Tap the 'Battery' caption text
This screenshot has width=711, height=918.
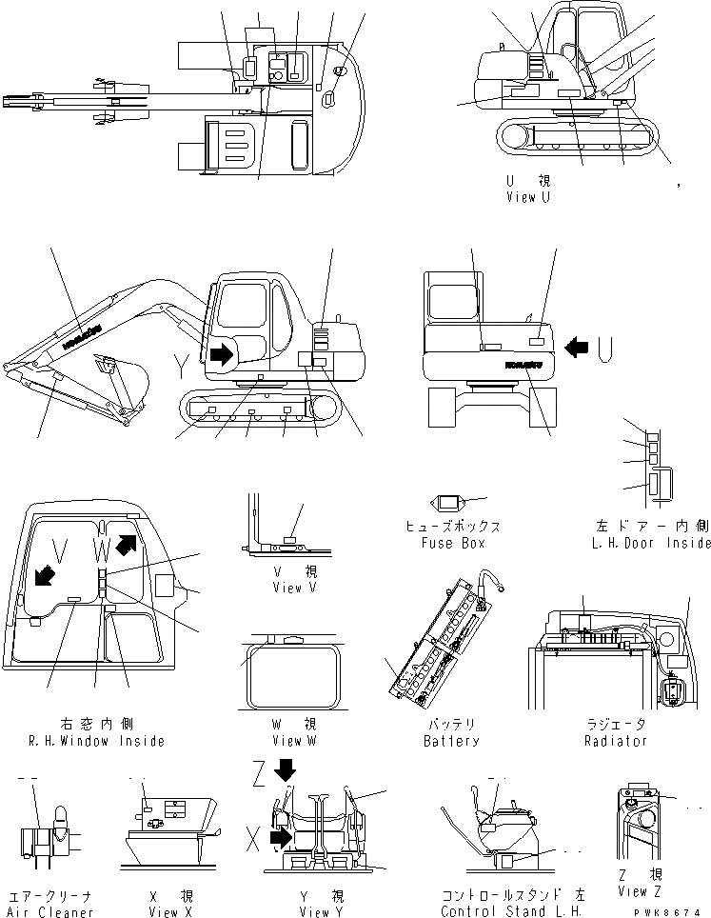click(451, 741)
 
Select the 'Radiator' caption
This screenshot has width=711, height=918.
click(616, 741)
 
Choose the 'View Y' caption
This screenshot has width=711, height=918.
click(314, 911)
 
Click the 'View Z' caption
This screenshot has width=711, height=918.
click(639, 891)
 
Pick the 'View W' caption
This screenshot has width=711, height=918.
click(286, 741)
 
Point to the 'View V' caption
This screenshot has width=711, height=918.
click(286, 588)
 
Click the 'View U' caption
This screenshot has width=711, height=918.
click(527, 198)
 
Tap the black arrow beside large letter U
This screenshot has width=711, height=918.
click(577, 349)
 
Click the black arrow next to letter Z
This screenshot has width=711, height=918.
click(286, 768)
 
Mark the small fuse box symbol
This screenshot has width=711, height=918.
click(446, 502)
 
